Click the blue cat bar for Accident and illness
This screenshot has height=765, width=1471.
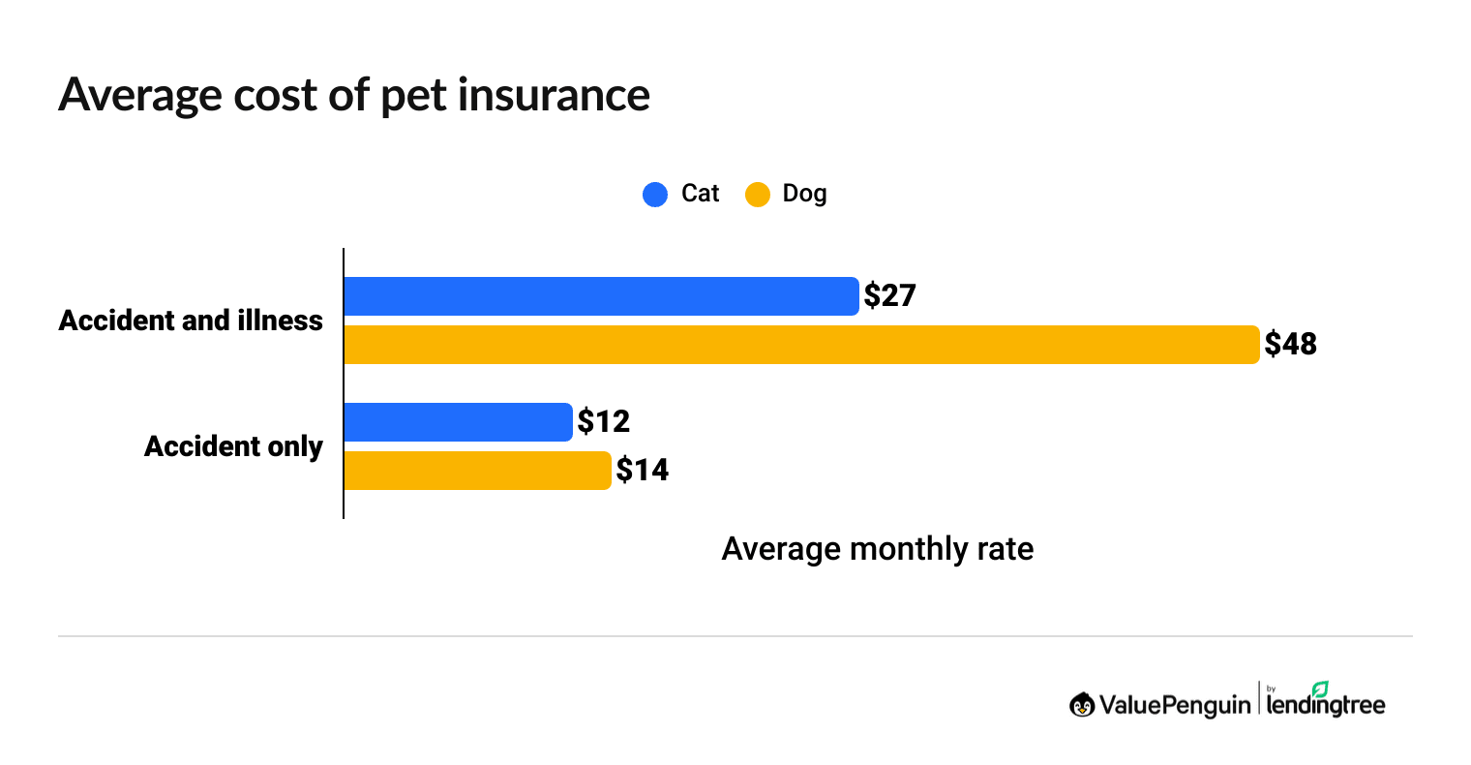pos(600,296)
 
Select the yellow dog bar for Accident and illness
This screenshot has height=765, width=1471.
pos(801,345)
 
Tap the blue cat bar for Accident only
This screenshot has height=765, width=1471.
pos(458,422)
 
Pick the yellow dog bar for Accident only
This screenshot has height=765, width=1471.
pos(477,471)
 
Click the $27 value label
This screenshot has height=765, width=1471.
pos(889,295)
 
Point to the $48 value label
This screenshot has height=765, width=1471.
pos(1290,344)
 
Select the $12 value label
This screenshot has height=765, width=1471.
pos(603,421)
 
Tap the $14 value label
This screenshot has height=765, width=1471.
pos(643,470)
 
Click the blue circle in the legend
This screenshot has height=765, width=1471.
pos(655,195)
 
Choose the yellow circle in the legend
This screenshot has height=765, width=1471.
pos(757,195)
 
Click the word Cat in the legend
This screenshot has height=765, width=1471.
pos(700,194)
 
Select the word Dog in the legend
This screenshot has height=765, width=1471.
pos(804,194)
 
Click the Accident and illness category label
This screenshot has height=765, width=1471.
pos(191,321)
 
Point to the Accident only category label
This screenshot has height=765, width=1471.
pos(233,446)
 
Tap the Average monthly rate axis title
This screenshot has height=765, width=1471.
pos(877,549)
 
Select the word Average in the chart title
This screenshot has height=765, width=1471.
pos(140,95)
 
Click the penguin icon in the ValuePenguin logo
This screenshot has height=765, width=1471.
pos(1082,705)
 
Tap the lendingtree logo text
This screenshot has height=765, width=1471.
pos(1326,706)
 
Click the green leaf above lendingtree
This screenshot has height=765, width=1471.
pos(1319,688)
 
